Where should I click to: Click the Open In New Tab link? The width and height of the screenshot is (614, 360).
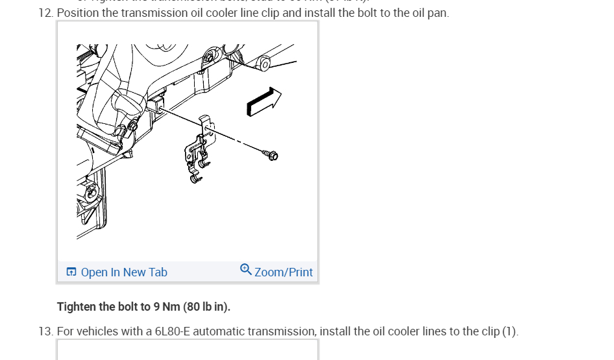point(123,272)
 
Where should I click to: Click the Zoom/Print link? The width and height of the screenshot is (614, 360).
point(283,272)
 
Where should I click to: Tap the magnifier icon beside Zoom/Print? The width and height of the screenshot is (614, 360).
point(245,269)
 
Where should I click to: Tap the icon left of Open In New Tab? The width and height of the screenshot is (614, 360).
point(71,272)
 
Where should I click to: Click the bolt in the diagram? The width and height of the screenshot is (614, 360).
point(271,155)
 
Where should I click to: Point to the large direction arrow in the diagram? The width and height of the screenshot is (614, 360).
point(263,102)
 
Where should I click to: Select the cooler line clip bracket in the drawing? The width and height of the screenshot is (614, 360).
point(199,152)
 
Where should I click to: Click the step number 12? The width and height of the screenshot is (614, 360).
point(45,13)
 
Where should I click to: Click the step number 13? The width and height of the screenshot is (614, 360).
point(45,331)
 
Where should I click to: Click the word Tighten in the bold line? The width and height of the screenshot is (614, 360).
point(77,306)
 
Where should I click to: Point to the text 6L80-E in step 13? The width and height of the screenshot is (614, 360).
point(172,331)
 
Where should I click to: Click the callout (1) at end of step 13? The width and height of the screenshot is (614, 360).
point(510,331)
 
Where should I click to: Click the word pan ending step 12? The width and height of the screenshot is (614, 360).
point(437,13)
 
